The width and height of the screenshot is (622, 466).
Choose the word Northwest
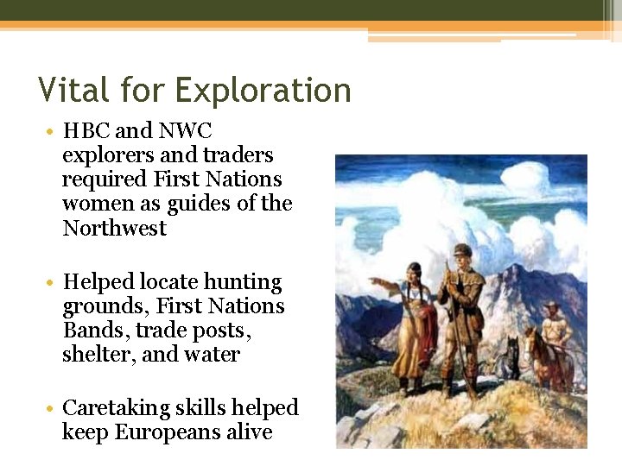pos(114,229)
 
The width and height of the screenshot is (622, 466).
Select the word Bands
pos(92,331)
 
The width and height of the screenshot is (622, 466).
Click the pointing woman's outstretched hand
pos(372,280)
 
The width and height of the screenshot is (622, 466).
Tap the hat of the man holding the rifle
pos(460,250)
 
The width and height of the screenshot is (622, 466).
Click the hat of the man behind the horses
pos(552,305)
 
